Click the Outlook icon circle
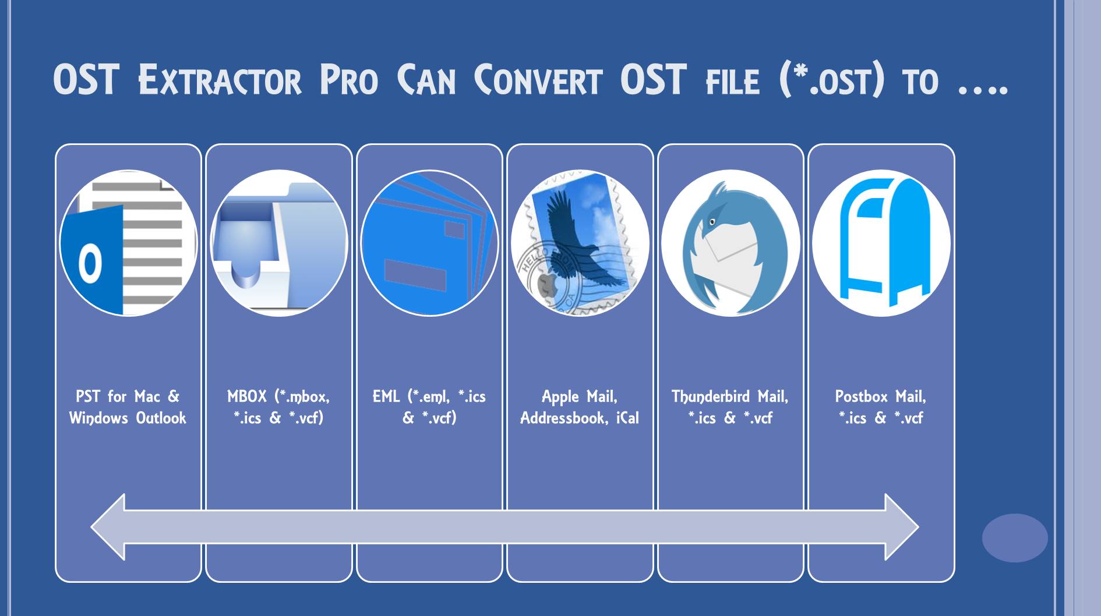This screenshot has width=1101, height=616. click(x=128, y=243)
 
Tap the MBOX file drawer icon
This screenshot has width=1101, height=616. click(x=278, y=243)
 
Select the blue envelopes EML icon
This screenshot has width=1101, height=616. click(x=429, y=243)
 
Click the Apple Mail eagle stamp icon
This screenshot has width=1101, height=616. click(x=580, y=243)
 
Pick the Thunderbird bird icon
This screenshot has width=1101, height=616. click(x=731, y=243)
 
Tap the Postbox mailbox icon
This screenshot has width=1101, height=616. click(x=881, y=243)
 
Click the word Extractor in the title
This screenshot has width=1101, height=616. click(x=220, y=81)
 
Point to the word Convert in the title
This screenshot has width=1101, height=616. click(x=537, y=81)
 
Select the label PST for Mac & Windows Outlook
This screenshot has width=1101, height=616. click(x=128, y=407)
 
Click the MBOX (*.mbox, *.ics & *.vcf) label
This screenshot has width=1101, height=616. click(x=278, y=407)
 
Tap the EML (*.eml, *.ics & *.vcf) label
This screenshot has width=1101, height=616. click(x=429, y=407)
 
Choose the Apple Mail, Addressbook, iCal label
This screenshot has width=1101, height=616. click(x=580, y=407)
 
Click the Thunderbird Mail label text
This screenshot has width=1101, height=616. click(x=730, y=397)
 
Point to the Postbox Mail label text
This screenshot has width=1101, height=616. click(x=880, y=397)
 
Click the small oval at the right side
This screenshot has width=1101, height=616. click(x=1014, y=537)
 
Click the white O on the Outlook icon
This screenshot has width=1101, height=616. click(x=90, y=263)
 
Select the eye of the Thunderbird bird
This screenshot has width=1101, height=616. click(x=712, y=222)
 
